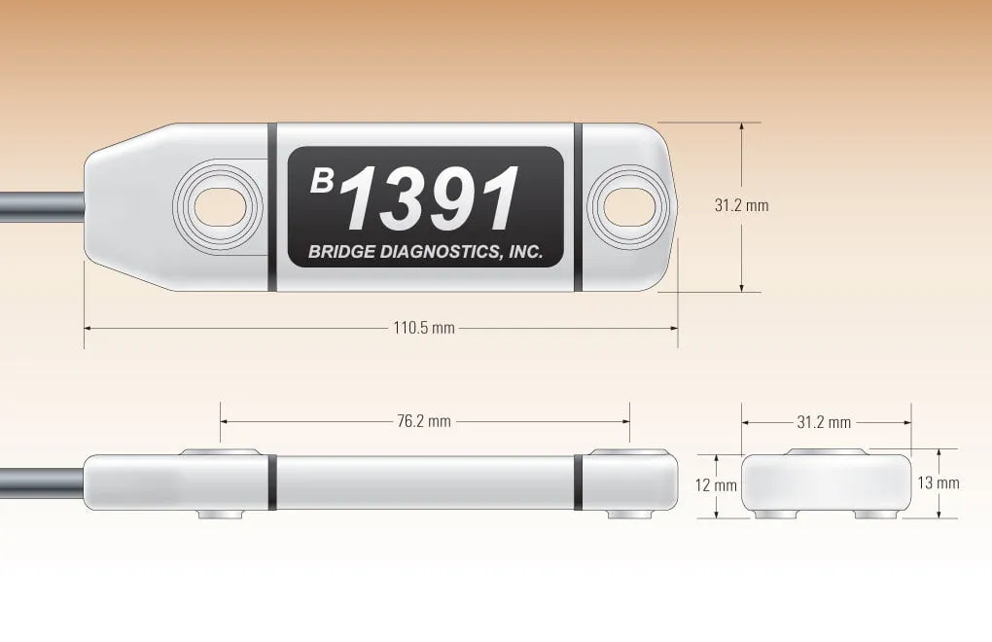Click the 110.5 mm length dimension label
click(x=424, y=328)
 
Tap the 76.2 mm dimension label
click(x=424, y=421)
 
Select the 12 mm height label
click(x=716, y=485)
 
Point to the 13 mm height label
click(x=939, y=482)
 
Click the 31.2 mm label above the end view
click(x=824, y=422)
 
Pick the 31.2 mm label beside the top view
click(x=741, y=205)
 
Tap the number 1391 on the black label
click(x=430, y=198)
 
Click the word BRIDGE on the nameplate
click(x=341, y=252)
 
